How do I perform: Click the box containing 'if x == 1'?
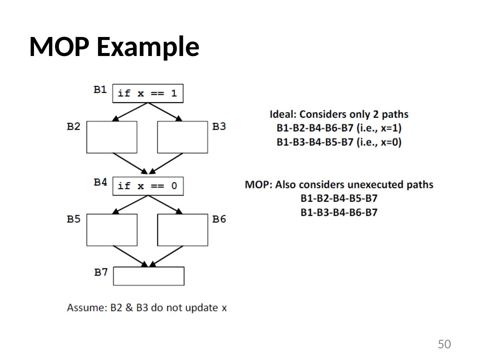click(148, 93)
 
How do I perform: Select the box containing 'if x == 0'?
click(148, 186)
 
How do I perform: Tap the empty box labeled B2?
click(112, 137)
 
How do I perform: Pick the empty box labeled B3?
click(182, 137)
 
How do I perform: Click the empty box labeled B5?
click(112, 230)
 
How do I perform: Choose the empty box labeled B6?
click(182, 230)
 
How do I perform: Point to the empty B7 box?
click(149, 276)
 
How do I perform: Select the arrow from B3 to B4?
click(167, 163)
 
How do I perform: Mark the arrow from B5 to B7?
click(130, 256)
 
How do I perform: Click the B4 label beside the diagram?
click(100, 182)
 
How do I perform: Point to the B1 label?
click(100, 90)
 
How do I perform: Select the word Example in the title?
click(148, 46)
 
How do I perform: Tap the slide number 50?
click(444, 344)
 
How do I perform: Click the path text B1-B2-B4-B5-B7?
click(339, 198)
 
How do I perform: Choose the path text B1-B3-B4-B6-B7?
click(339, 212)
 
